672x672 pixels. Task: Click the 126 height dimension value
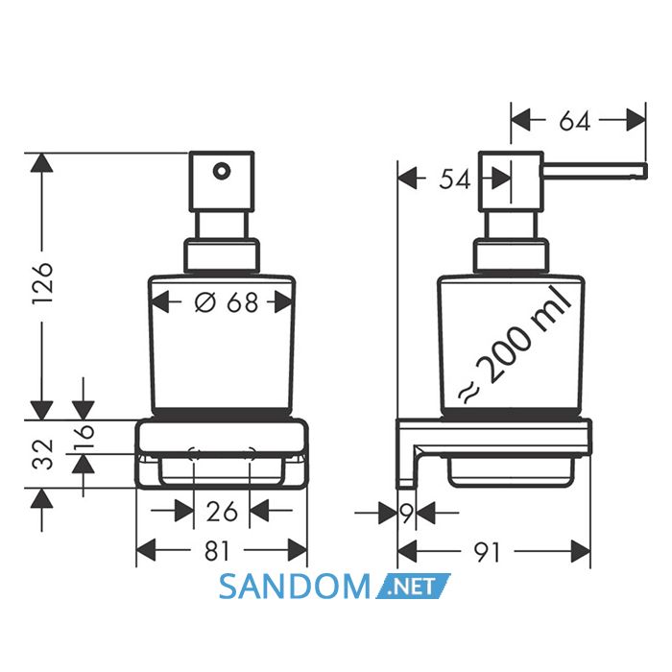pyautogui.click(x=42, y=283)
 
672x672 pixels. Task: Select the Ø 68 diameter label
pyautogui.click(x=227, y=302)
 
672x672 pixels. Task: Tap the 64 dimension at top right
pyautogui.click(x=575, y=120)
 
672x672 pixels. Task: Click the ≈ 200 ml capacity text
pyautogui.click(x=516, y=346)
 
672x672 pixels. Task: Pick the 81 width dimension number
pyautogui.click(x=217, y=551)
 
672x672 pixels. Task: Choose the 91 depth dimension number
pyautogui.click(x=487, y=552)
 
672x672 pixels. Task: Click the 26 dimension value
pyautogui.click(x=222, y=512)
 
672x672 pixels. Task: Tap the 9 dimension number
pyautogui.click(x=407, y=513)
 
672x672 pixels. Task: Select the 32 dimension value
pyautogui.click(x=43, y=454)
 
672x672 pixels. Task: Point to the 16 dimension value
pyautogui.click(x=84, y=436)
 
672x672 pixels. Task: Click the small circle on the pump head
pyautogui.click(x=221, y=172)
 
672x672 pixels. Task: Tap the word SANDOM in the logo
pyautogui.click(x=294, y=587)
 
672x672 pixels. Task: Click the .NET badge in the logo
pyautogui.click(x=413, y=586)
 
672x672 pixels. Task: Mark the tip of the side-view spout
pyautogui.click(x=646, y=171)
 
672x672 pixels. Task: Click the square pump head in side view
pyautogui.click(x=511, y=180)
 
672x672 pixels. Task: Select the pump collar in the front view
pyautogui.click(x=222, y=256)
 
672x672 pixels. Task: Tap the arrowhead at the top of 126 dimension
pyautogui.click(x=42, y=162)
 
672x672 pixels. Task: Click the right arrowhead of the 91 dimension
pyautogui.click(x=581, y=551)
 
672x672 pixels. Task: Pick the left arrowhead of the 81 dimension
pyautogui.click(x=146, y=550)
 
